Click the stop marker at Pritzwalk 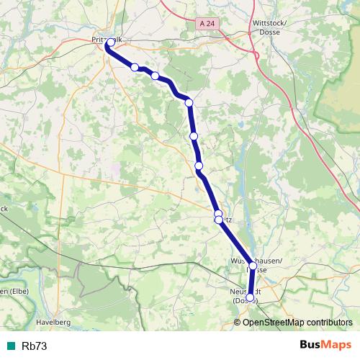click(x=110, y=43)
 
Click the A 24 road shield click(x=207, y=24)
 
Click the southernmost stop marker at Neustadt click(x=250, y=297)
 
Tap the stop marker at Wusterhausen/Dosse click(x=253, y=266)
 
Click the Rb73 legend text click(x=35, y=346)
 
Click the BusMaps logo click(x=326, y=346)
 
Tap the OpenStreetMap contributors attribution click(x=297, y=322)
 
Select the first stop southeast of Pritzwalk click(x=135, y=67)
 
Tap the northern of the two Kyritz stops click(x=218, y=214)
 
